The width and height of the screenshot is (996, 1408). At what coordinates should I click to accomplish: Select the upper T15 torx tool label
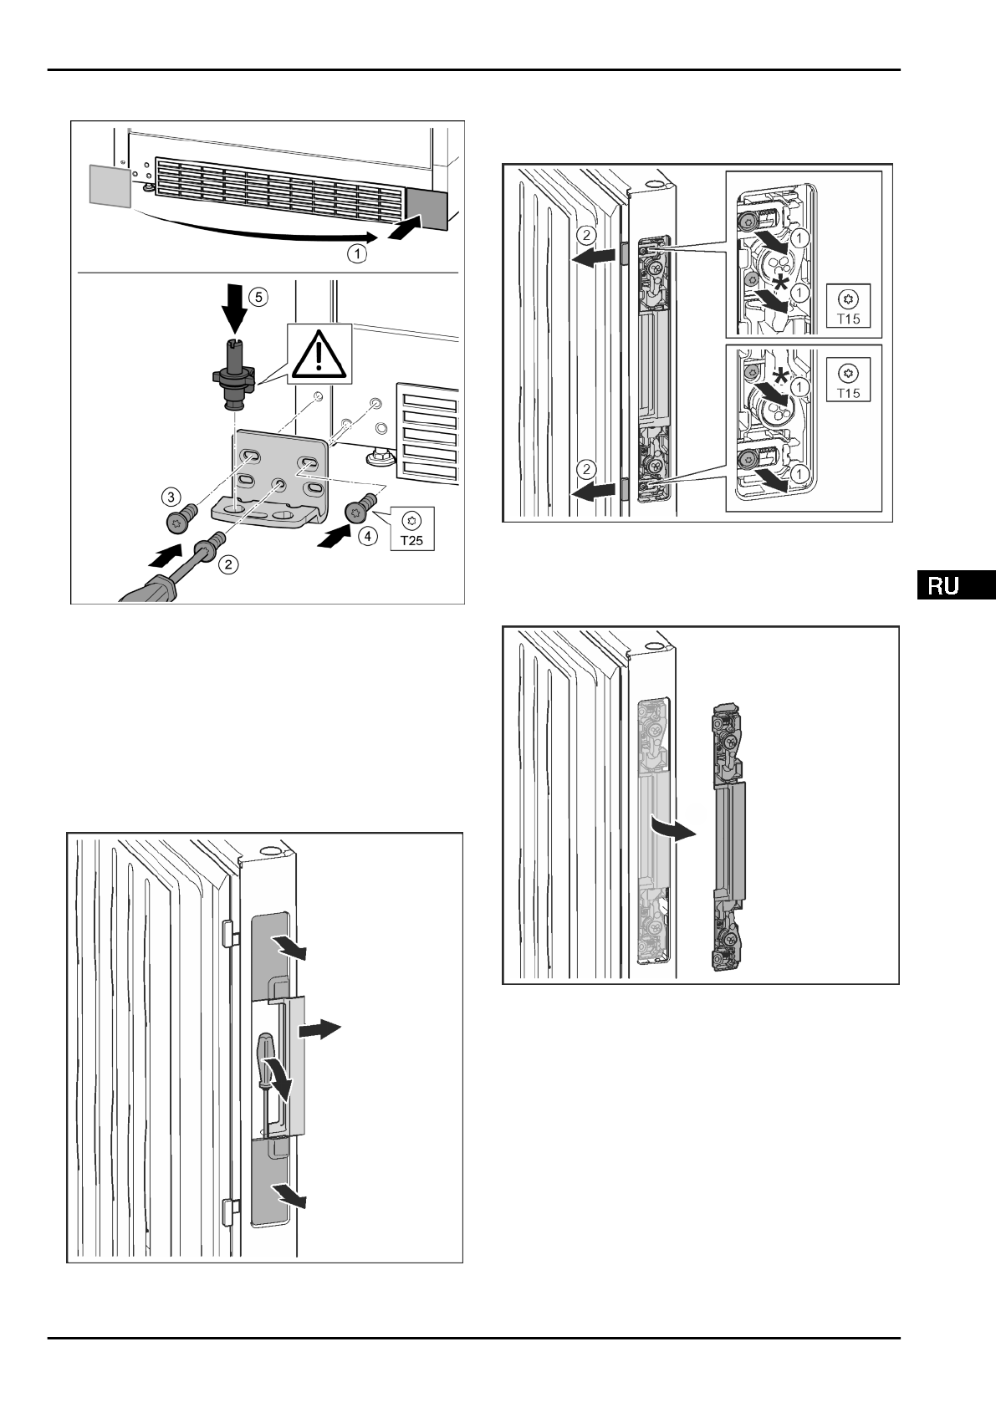click(848, 307)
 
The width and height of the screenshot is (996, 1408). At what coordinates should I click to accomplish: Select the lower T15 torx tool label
click(848, 380)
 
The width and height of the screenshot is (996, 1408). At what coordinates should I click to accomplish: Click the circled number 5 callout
click(259, 295)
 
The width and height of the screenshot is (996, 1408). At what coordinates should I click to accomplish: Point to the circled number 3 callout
click(171, 497)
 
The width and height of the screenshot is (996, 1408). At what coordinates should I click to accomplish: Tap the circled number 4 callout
click(365, 536)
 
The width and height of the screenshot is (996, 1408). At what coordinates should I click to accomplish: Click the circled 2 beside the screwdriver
click(227, 565)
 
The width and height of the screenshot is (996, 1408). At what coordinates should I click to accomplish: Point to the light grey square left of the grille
click(110, 184)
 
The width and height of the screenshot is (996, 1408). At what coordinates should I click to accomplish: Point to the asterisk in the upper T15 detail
click(780, 286)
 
